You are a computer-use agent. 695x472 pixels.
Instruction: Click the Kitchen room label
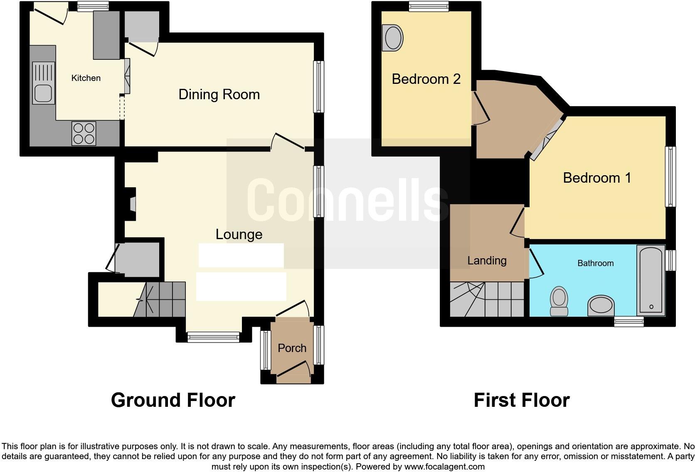tap(86, 78)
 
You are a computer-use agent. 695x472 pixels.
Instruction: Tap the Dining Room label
tap(219, 95)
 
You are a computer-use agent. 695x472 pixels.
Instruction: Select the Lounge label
tap(239, 235)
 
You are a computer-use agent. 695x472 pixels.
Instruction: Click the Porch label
tap(292, 348)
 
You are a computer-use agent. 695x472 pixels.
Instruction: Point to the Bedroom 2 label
tap(426, 79)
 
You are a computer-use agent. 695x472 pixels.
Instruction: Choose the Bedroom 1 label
tap(597, 178)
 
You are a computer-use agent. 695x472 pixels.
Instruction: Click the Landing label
tap(487, 261)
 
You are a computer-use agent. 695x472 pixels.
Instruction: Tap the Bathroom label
tap(595, 263)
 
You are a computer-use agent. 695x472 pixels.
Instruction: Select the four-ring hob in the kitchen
tap(84, 133)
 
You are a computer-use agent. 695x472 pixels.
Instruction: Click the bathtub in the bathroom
tap(651, 280)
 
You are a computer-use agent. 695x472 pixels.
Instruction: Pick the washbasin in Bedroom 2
tap(393, 38)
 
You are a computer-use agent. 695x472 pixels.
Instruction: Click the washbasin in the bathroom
tap(601, 306)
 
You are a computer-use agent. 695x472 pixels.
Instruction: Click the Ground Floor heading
tap(173, 400)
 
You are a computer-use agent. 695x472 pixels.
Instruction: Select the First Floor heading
tap(521, 400)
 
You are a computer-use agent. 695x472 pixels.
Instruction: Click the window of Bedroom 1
tap(670, 176)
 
